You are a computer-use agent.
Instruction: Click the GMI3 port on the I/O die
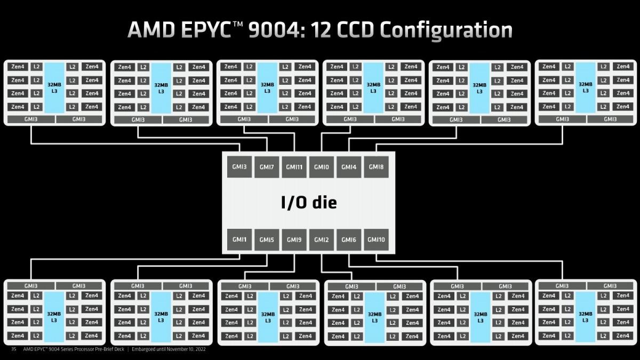[x=239, y=167]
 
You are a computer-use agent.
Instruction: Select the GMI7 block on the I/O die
[x=267, y=167]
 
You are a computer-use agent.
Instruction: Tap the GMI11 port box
[x=294, y=167]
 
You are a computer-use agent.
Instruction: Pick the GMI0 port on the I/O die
[x=322, y=167]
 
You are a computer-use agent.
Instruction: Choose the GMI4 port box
[x=349, y=167]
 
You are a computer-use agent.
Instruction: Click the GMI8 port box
[x=377, y=167]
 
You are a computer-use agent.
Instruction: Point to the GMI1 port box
[x=239, y=239]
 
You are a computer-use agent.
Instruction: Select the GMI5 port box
[x=267, y=239]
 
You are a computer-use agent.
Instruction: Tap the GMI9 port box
[x=294, y=239]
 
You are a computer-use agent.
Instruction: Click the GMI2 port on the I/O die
[x=322, y=239]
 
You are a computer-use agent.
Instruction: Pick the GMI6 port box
[x=349, y=239]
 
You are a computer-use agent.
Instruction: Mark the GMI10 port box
[x=377, y=239]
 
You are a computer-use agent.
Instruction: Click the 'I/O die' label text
[x=309, y=202]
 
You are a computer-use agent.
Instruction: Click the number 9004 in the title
[x=275, y=30]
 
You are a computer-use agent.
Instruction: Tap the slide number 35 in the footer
[x=13, y=349]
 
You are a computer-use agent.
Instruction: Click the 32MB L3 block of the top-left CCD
[x=54, y=88]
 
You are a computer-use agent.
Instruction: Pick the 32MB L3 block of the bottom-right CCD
[x=585, y=317]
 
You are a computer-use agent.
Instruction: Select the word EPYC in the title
[x=206, y=30]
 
